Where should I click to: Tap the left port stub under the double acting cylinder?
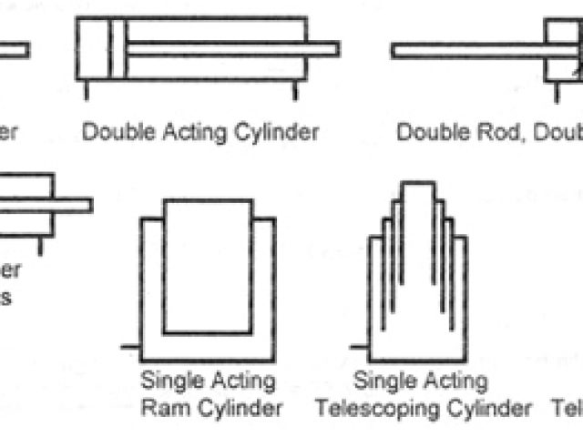(87, 90)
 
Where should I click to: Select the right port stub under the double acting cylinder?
(293, 90)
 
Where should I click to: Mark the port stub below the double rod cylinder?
(551, 90)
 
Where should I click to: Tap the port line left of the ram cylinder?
(129, 346)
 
